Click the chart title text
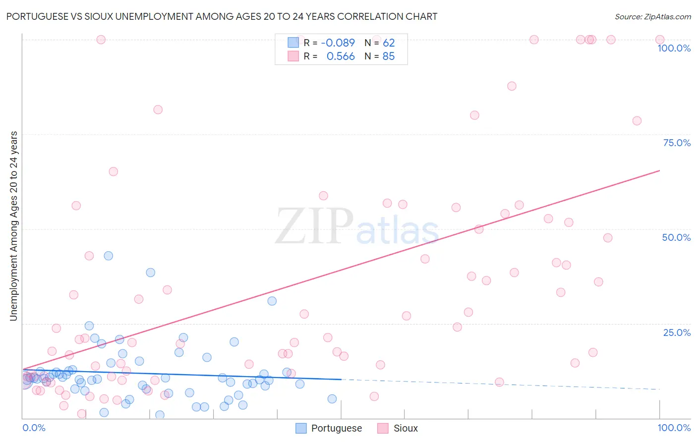click(x=222, y=16)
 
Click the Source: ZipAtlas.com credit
click(x=652, y=16)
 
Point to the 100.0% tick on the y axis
click(x=674, y=48)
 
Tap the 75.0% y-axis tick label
click(x=677, y=143)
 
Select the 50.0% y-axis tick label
click(x=676, y=237)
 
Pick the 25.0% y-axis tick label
click(x=677, y=332)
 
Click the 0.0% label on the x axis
click(x=34, y=428)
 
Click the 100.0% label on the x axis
click(x=674, y=428)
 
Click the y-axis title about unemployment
click(x=13, y=226)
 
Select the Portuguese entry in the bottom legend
click(x=336, y=428)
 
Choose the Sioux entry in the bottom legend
click(x=405, y=428)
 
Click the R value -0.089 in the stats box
click(x=338, y=43)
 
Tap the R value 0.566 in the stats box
click(x=341, y=56)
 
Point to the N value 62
click(x=388, y=43)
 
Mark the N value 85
click(x=388, y=56)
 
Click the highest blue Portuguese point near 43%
click(x=108, y=256)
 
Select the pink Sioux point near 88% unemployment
click(x=512, y=86)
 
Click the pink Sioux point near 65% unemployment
click(x=113, y=171)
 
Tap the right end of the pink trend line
click(x=659, y=170)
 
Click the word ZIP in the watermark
click(x=314, y=226)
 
